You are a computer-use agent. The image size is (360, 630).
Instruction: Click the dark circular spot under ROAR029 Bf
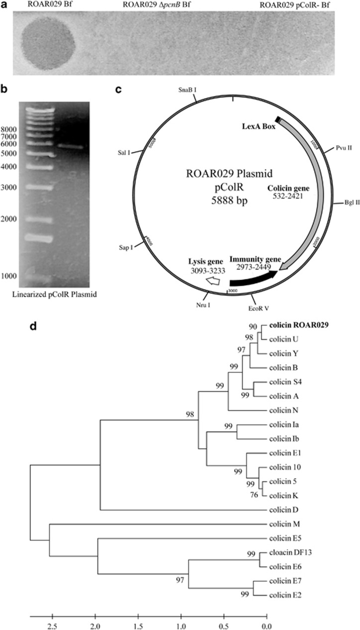click(x=48, y=40)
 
